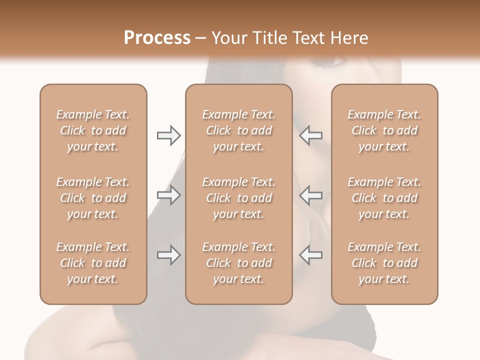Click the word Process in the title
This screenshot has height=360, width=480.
point(157,37)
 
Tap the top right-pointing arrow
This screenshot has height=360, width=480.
point(168,135)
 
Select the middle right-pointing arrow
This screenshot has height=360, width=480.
point(168,195)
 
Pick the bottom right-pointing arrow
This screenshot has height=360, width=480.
point(168,255)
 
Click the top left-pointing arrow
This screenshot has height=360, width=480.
point(310,135)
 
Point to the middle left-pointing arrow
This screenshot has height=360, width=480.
point(310,195)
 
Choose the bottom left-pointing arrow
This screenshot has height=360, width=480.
point(310,255)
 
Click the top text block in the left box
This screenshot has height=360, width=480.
point(93,130)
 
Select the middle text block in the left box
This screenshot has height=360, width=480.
point(93,198)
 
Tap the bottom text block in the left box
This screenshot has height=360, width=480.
point(93,263)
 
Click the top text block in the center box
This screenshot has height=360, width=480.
point(239,130)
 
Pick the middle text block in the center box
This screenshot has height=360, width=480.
point(239,198)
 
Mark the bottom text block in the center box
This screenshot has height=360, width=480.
point(239,263)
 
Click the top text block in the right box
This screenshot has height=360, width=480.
point(384,130)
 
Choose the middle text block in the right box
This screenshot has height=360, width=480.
point(384,198)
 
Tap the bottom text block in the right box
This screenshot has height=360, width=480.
point(384,263)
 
